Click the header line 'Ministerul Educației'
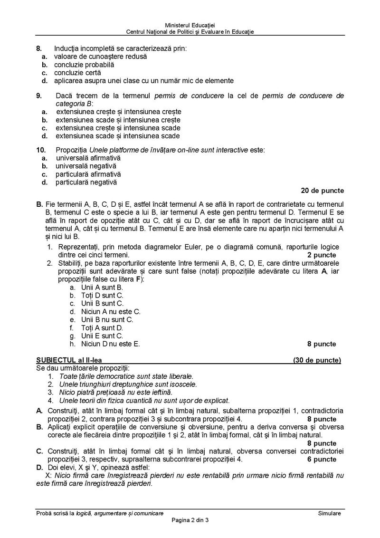pos(190,25)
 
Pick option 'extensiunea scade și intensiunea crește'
pos(118,120)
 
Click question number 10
pos(40,150)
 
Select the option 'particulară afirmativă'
pos(88,174)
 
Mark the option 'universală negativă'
pos(85,166)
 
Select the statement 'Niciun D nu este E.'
pos(110,344)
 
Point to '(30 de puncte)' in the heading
pos(317,360)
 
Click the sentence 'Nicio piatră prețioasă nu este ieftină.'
pos(115,392)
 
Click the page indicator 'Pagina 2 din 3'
pos(190,520)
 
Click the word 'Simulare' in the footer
pos(330,513)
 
